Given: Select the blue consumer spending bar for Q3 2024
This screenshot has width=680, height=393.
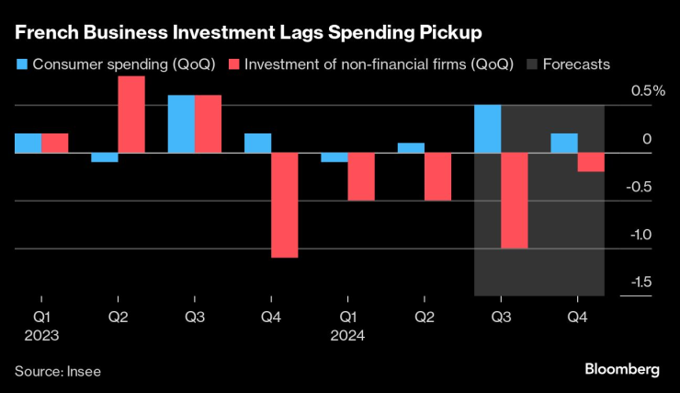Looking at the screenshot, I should coord(487,129).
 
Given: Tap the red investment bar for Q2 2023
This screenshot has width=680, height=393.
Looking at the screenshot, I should coord(131,114).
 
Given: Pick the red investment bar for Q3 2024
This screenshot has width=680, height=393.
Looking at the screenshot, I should coord(515,200).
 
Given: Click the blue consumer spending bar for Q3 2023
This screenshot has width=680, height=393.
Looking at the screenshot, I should coord(181,123).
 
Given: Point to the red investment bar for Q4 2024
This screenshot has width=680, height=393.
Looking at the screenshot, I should coord(591,162).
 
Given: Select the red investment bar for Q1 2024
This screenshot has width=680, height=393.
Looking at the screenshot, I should coord(361,176).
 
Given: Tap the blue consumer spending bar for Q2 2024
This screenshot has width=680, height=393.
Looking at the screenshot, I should coord(411,148).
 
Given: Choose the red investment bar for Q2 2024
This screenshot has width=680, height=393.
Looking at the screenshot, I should coord(437,176).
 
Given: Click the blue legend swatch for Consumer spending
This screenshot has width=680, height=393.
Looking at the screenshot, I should coord(20,64).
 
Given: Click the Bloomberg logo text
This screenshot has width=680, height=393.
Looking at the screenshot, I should coord(622,369).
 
